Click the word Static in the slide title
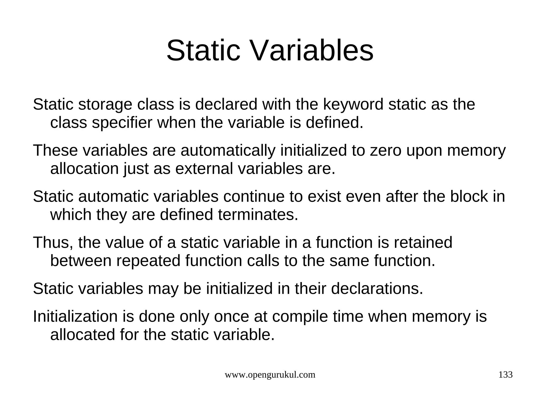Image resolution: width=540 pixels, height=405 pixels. coord(203,51)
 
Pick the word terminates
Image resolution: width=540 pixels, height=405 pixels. coord(258,215)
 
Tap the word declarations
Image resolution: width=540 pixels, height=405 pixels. coord(377,289)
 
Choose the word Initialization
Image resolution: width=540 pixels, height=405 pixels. coord(75,316)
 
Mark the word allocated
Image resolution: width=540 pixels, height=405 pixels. coord(83,335)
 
